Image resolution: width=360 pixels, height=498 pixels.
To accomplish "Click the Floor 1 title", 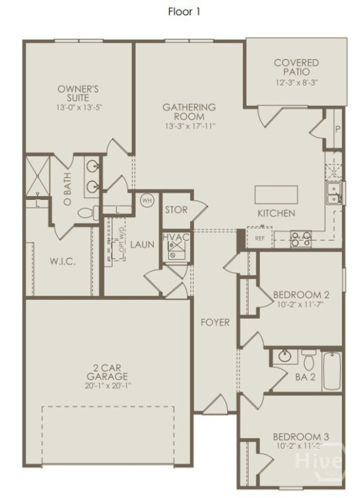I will (184, 12).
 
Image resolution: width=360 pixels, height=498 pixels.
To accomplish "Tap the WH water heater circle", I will (147, 200).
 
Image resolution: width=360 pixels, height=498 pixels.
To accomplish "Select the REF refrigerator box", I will (259, 238).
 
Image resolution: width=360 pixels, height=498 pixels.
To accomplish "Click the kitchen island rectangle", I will (276, 195).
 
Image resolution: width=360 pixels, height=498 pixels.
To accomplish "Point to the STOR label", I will (176, 210).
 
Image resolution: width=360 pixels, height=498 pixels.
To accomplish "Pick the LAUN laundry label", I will (142, 245).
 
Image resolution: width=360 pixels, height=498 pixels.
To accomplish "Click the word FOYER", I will (215, 322).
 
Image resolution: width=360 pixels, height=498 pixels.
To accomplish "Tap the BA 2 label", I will (305, 377).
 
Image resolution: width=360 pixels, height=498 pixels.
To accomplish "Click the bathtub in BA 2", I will (332, 371).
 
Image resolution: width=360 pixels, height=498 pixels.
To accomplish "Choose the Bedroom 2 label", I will (301, 295).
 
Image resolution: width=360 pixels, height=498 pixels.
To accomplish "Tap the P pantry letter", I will (337, 129).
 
